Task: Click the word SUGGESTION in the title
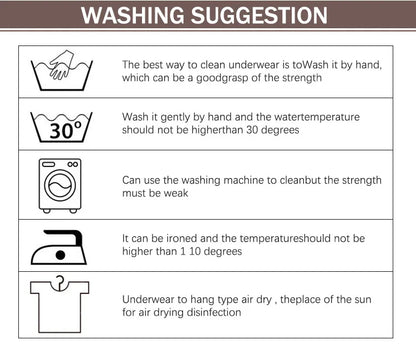coord(262,16)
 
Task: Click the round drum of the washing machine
coord(60,190)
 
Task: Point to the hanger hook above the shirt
coord(60,281)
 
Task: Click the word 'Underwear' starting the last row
coord(148,298)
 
